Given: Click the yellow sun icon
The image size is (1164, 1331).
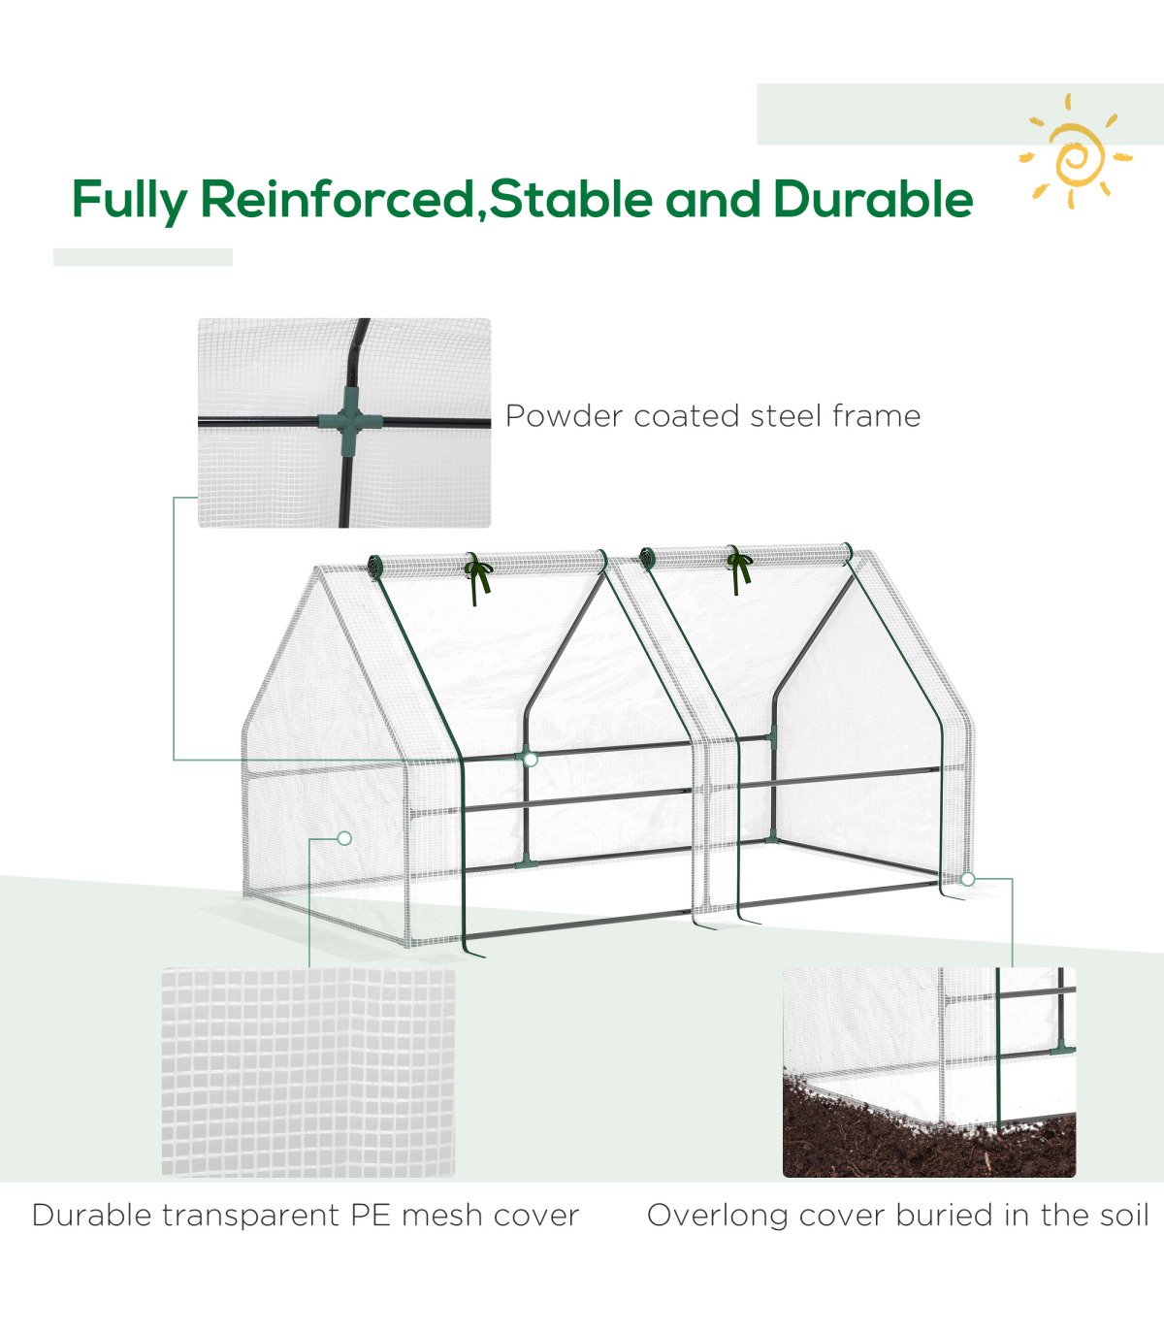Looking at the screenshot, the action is click(1076, 152).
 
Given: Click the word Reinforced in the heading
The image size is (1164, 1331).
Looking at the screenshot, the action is click(339, 199).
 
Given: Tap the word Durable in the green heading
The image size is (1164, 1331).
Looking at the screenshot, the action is click(873, 199).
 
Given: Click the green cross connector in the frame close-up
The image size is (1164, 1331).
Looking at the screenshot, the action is click(350, 420).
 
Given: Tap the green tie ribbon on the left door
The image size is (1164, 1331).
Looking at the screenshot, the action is click(479, 577).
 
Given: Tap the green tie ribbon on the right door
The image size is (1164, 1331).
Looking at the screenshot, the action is click(739, 568).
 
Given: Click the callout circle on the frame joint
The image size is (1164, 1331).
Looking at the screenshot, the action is click(531, 760).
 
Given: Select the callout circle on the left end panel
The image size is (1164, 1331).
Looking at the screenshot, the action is click(344, 838).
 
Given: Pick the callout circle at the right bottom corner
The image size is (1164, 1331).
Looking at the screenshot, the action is click(968, 880).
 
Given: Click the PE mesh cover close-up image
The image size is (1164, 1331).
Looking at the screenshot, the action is click(308, 1073).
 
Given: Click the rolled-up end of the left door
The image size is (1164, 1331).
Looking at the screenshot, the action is click(375, 568).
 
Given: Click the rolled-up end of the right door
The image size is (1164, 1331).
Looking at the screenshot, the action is click(647, 558).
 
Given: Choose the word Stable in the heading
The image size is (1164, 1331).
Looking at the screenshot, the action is click(571, 199).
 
